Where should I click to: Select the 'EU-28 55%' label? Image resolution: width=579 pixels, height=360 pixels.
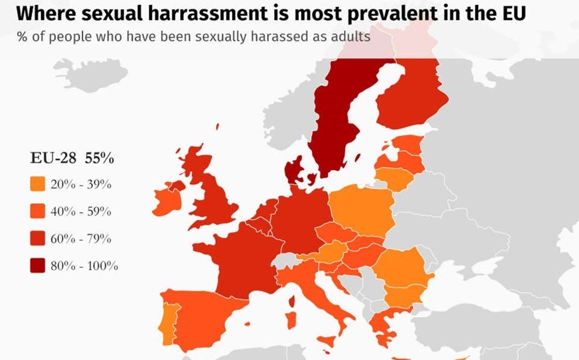point(72,159)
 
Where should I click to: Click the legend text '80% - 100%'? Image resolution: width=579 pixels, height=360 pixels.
point(84,265)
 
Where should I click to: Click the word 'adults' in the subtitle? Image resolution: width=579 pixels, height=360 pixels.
point(349,37)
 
